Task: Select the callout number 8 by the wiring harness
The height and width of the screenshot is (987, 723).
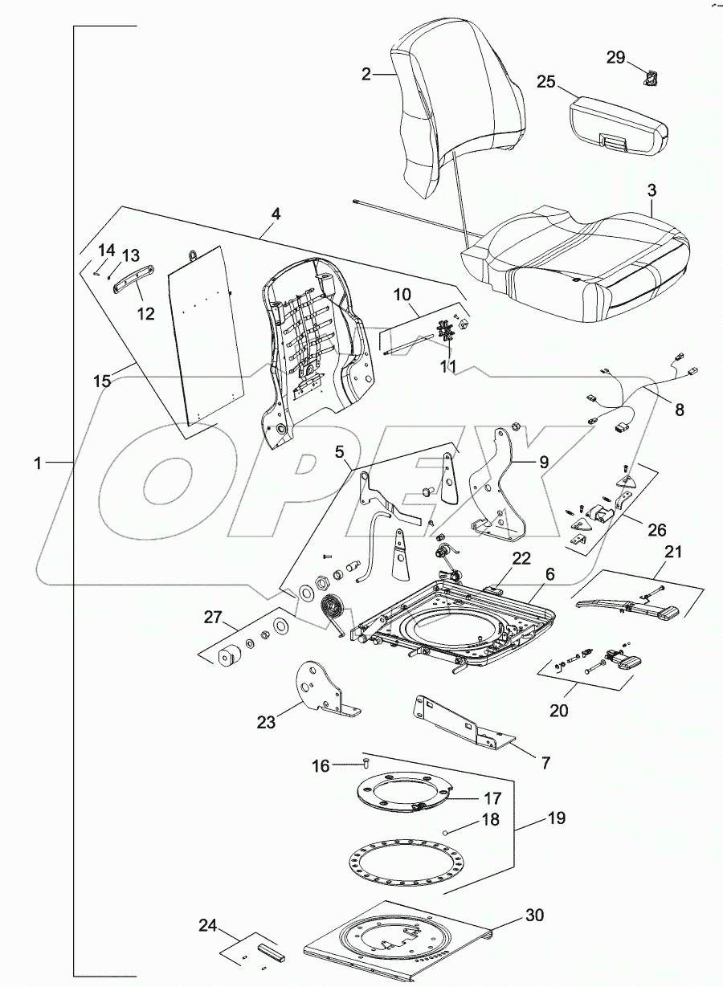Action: (680, 410)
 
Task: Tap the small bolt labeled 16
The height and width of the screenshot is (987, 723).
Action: (366, 761)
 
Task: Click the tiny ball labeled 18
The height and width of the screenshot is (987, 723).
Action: (443, 833)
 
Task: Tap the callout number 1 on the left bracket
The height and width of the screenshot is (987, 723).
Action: (39, 463)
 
